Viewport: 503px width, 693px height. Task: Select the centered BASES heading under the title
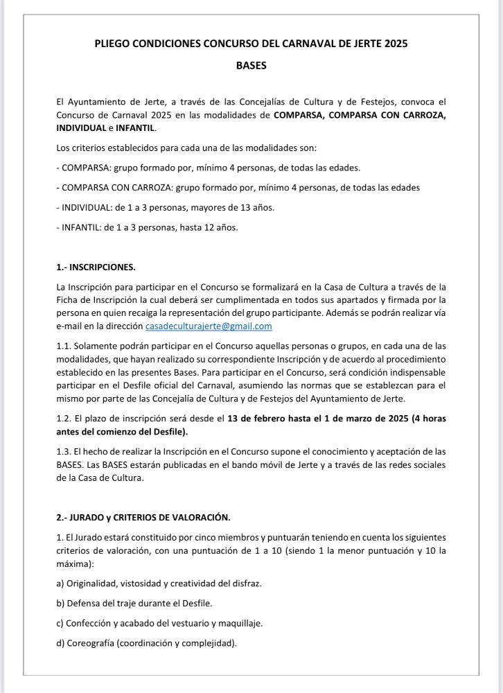pos(251,66)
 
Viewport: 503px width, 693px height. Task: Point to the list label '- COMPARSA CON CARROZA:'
pos(114,187)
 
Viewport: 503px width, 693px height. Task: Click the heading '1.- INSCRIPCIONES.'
pos(96,267)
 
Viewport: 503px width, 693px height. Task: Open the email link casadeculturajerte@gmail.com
pos(209,326)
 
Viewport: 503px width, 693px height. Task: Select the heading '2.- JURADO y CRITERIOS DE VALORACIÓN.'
pos(143,517)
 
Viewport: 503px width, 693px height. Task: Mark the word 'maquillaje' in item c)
pos(242,623)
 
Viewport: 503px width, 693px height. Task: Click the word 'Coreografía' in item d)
pos(91,642)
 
